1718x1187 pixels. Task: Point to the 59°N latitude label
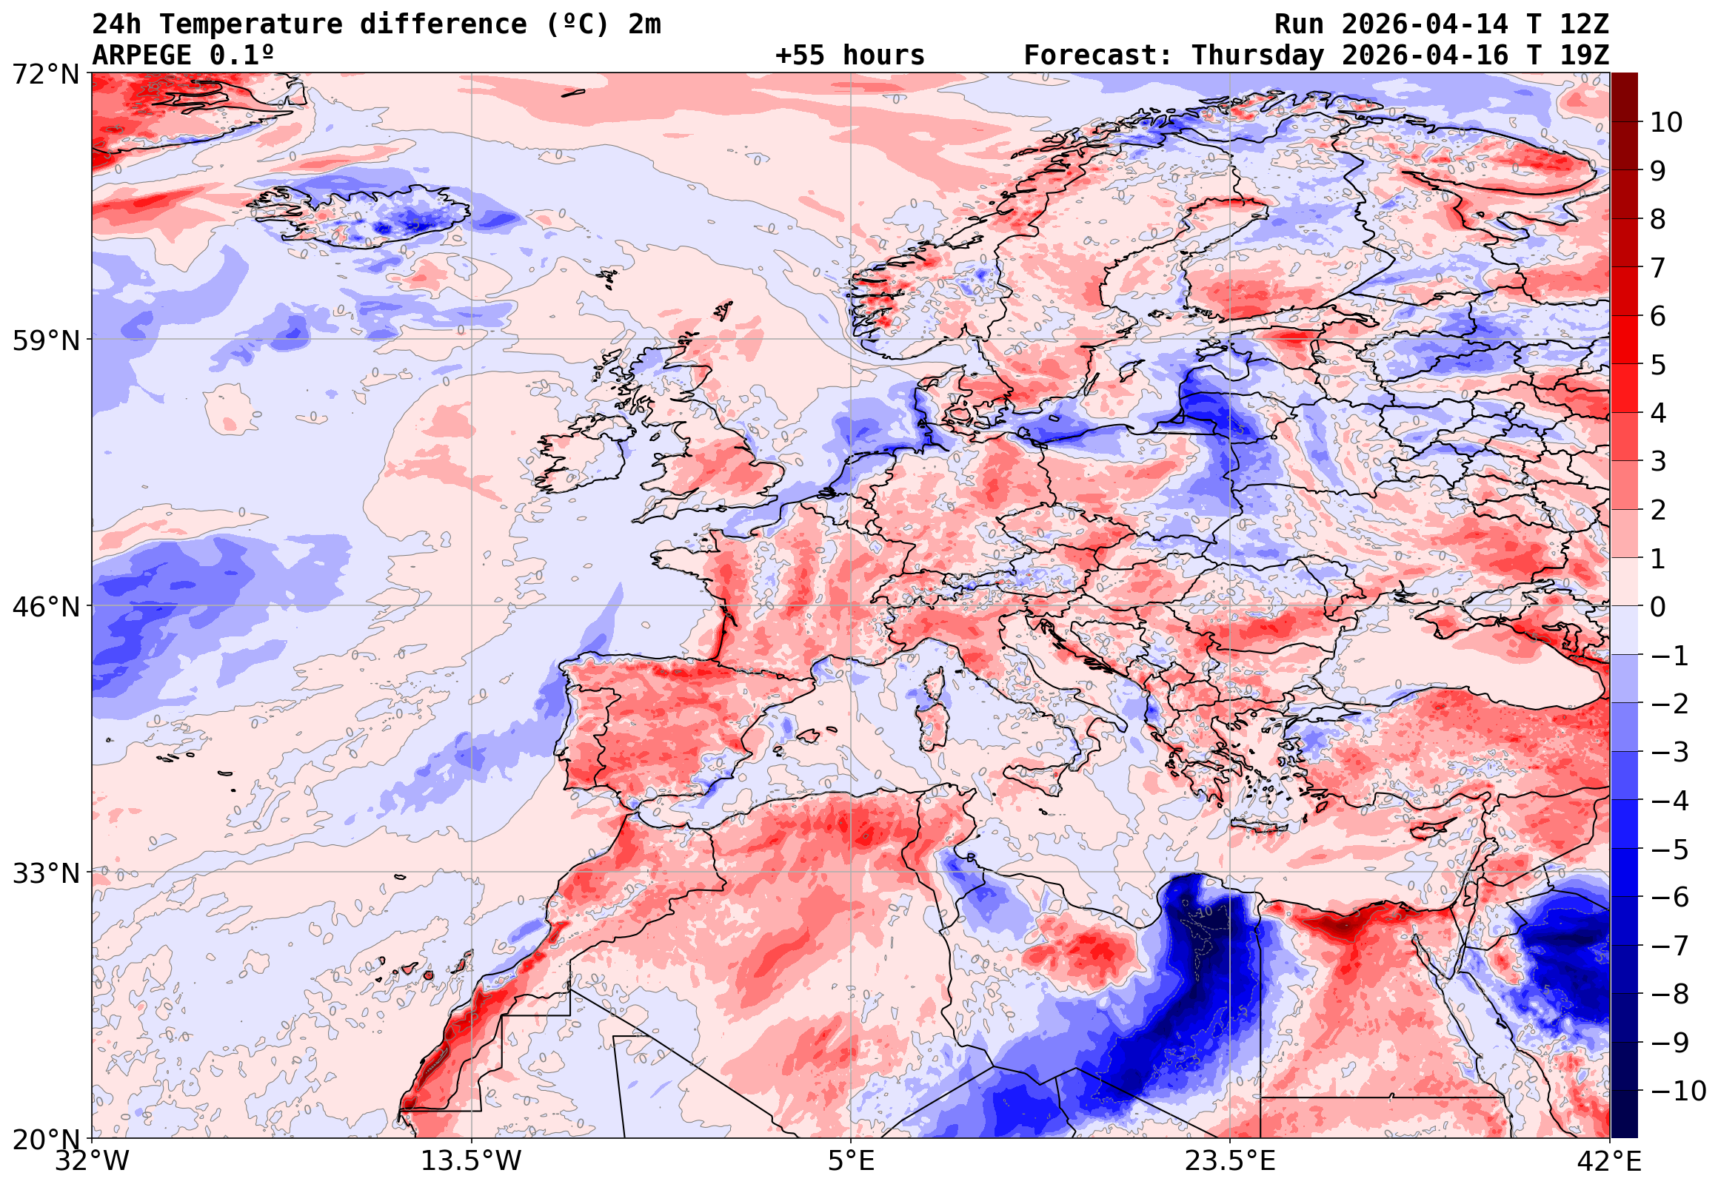point(45,340)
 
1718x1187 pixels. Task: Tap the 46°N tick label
point(45,607)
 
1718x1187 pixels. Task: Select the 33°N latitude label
point(45,872)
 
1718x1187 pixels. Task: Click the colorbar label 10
point(1666,123)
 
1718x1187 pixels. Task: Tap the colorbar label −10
point(1678,1091)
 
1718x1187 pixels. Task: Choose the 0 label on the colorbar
point(1658,607)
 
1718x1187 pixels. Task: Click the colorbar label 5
point(1658,365)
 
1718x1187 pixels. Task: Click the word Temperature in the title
point(251,24)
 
